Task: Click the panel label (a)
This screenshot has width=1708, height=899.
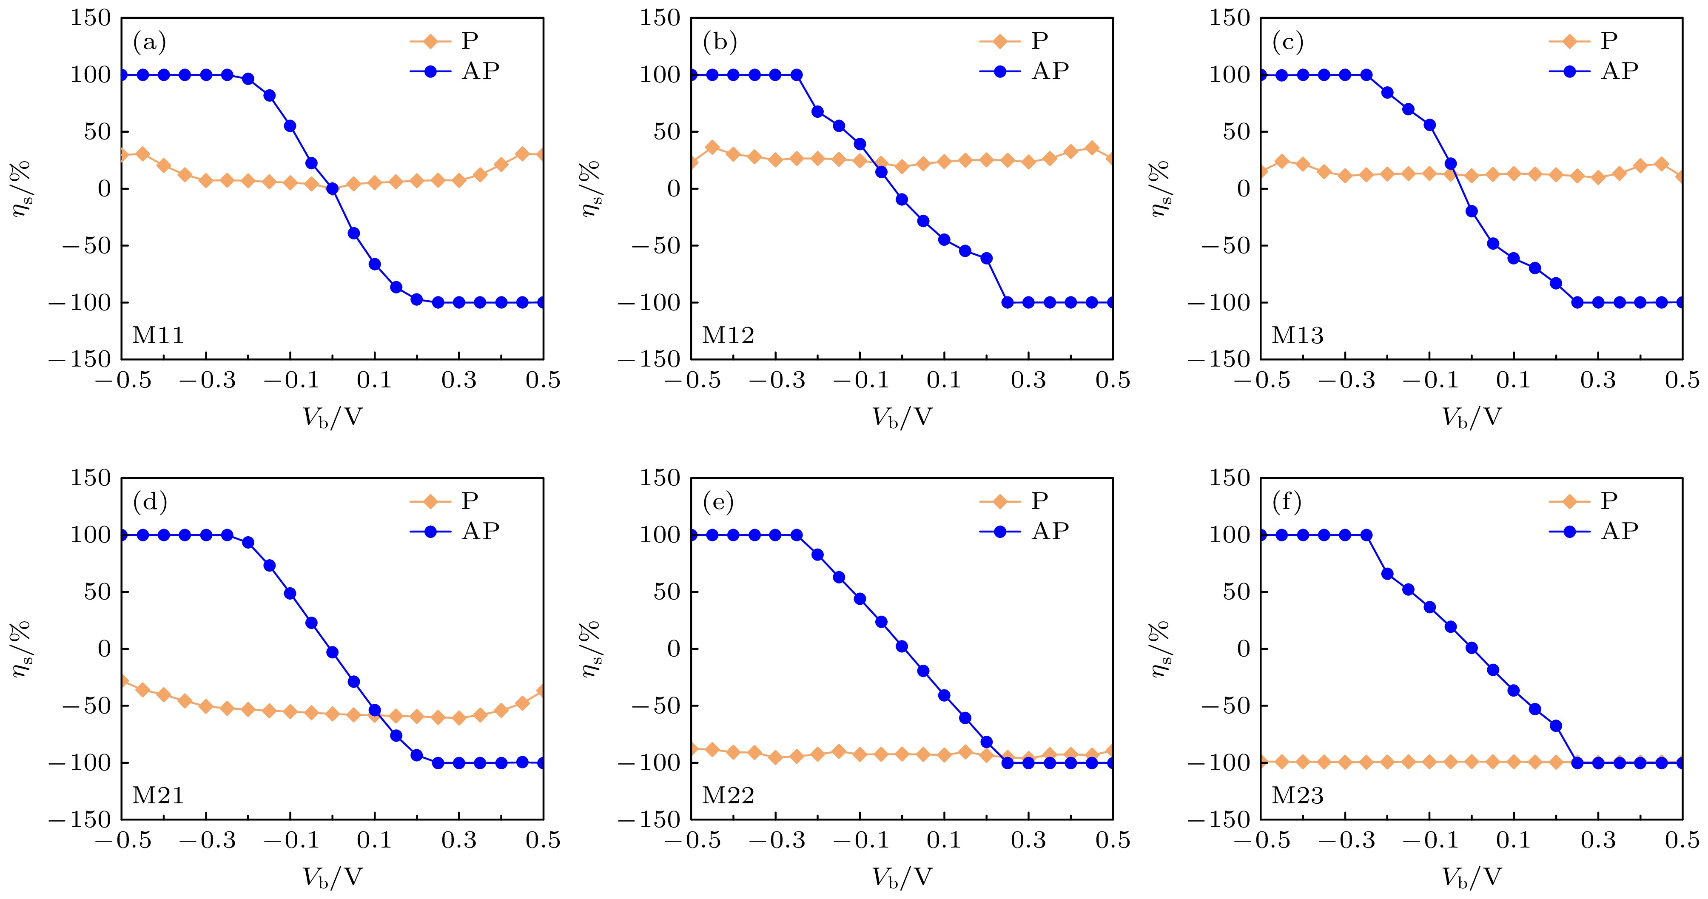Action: [149, 43]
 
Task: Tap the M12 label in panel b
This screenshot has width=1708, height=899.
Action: [728, 336]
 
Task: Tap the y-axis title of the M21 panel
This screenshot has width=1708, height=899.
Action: [21, 649]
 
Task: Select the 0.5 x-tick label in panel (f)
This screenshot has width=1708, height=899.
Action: [1682, 841]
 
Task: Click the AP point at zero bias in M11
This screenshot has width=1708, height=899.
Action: [332, 189]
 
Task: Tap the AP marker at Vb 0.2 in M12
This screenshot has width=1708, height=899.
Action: [987, 258]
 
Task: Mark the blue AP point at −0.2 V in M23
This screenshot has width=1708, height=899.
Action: [1387, 574]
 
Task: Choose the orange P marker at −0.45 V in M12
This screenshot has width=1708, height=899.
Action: [712, 147]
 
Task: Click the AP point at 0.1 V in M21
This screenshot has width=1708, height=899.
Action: [375, 710]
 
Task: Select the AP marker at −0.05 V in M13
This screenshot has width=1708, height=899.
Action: [1451, 164]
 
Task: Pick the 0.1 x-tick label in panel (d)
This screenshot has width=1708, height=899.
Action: [375, 841]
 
